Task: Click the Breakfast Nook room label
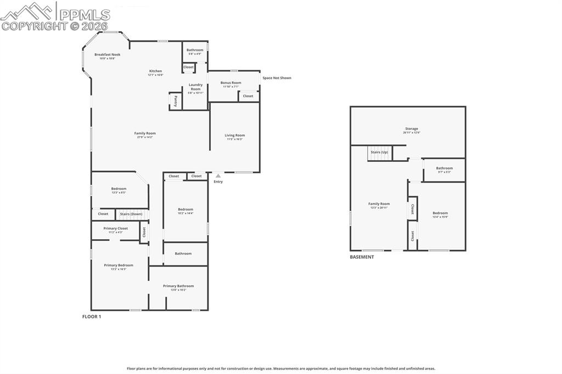coord(107,55)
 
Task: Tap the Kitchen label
coord(155,71)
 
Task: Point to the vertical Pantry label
coord(176,100)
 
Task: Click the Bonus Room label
coord(231,83)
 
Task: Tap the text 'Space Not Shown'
coord(277,78)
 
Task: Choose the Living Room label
coord(235,135)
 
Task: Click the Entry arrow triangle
coord(218,175)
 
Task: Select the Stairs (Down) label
coord(131,214)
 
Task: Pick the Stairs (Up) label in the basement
coord(379,152)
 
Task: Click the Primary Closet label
coord(115,229)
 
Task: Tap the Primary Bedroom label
coord(119,265)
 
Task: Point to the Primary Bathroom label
coord(178,286)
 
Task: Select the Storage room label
coord(412,129)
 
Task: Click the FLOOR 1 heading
coord(92,316)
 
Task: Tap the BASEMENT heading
coord(362,257)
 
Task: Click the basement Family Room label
coord(379,204)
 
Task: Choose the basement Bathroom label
coord(444,168)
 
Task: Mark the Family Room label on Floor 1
coord(145,133)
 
